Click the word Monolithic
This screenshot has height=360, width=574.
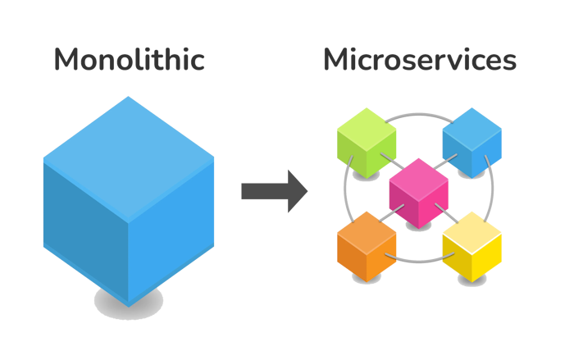click(x=129, y=59)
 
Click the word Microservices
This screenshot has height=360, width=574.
click(x=419, y=59)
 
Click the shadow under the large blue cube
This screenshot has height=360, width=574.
click(x=129, y=302)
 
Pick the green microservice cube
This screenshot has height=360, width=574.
click(x=367, y=139)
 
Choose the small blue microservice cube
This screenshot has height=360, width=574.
click(x=471, y=141)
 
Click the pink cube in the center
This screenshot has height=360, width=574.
click(x=419, y=192)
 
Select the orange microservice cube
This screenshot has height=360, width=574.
click(x=367, y=244)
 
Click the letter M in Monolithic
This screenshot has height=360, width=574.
click(x=68, y=59)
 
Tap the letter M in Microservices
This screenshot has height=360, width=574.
click(x=336, y=59)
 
